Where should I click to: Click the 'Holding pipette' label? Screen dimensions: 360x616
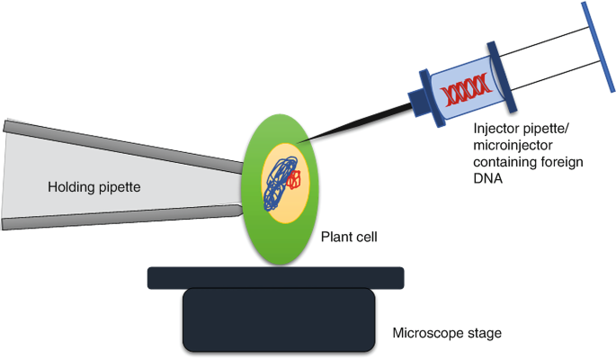pyautogui.click(x=94, y=187)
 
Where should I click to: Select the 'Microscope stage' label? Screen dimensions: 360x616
pyautogui.click(x=447, y=334)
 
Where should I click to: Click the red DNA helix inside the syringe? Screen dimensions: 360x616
pyautogui.click(x=467, y=87)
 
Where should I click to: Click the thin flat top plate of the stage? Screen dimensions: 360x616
pyautogui.click(x=279, y=276)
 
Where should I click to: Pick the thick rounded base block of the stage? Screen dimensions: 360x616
pyautogui.click(x=279, y=319)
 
